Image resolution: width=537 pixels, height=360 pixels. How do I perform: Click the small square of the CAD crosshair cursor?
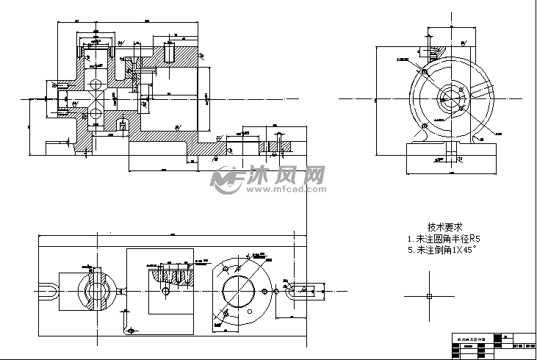pyautogui.click(x=428, y=295)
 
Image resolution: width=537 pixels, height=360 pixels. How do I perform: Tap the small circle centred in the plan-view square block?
pyautogui.click(x=165, y=291)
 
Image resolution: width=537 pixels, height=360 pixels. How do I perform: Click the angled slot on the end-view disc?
pyautogui.click(x=482, y=92)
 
